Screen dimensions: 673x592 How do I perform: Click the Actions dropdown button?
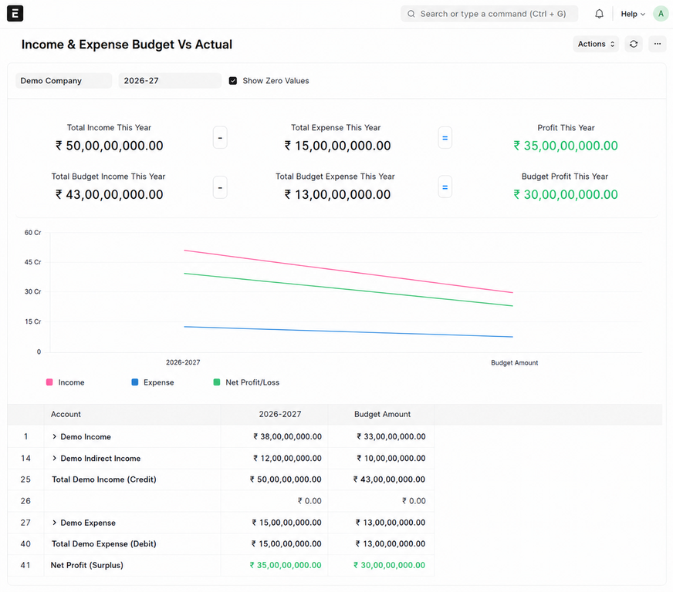(596, 44)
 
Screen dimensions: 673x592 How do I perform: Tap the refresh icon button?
(634, 44)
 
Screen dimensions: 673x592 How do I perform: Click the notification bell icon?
(599, 14)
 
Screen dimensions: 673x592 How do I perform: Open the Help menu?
(633, 14)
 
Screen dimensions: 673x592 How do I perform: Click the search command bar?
(489, 14)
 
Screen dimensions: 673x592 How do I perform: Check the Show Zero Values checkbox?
(232, 81)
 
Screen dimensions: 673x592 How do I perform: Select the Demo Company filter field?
(64, 81)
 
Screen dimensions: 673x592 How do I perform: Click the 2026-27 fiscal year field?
(170, 81)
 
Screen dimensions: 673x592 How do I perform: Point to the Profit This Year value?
(566, 146)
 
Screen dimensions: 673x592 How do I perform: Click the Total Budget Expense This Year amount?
(337, 194)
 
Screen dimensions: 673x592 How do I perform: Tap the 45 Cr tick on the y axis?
(32, 262)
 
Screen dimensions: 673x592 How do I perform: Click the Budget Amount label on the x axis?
(514, 362)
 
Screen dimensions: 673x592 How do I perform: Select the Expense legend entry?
(153, 382)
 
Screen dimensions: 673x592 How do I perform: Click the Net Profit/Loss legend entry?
(246, 382)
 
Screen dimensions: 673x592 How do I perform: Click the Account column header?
(66, 414)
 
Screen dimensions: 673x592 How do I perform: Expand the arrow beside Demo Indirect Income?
(54, 458)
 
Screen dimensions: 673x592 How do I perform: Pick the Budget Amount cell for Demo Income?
(391, 436)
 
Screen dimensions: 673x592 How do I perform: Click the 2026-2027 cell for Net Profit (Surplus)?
(286, 565)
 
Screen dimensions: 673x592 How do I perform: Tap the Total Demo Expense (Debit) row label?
(104, 543)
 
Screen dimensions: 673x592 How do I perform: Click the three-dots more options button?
(657, 44)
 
